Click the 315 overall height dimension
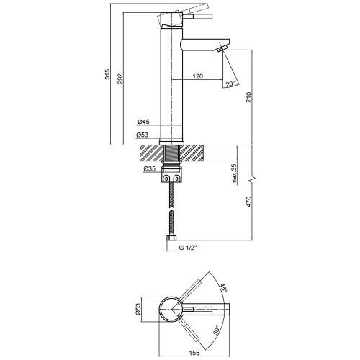(x=108, y=74)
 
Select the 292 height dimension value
(x=120, y=78)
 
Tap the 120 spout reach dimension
(x=198, y=76)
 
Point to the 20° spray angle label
(x=230, y=84)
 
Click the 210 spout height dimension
(x=249, y=97)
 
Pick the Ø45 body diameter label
(x=143, y=122)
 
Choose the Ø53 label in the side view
(x=142, y=135)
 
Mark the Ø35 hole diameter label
(x=149, y=169)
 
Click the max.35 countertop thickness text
(x=235, y=174)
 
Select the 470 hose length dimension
(x=249, y=202)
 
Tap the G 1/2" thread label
(x=188, y=248)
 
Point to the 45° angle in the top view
(x=224, y=288)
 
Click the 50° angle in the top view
(x=216, y=330)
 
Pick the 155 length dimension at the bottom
(x=194, y=353)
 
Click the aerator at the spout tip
(x=222, y=48)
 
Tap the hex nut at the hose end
(x=171, y=238)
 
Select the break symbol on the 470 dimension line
(x=253, y=179)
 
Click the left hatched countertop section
(x=151, y=153)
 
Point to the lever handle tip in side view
(x=210, y=17)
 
